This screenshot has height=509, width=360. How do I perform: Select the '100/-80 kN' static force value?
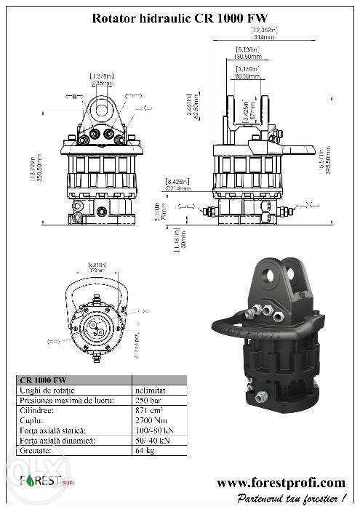pos(153,430)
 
